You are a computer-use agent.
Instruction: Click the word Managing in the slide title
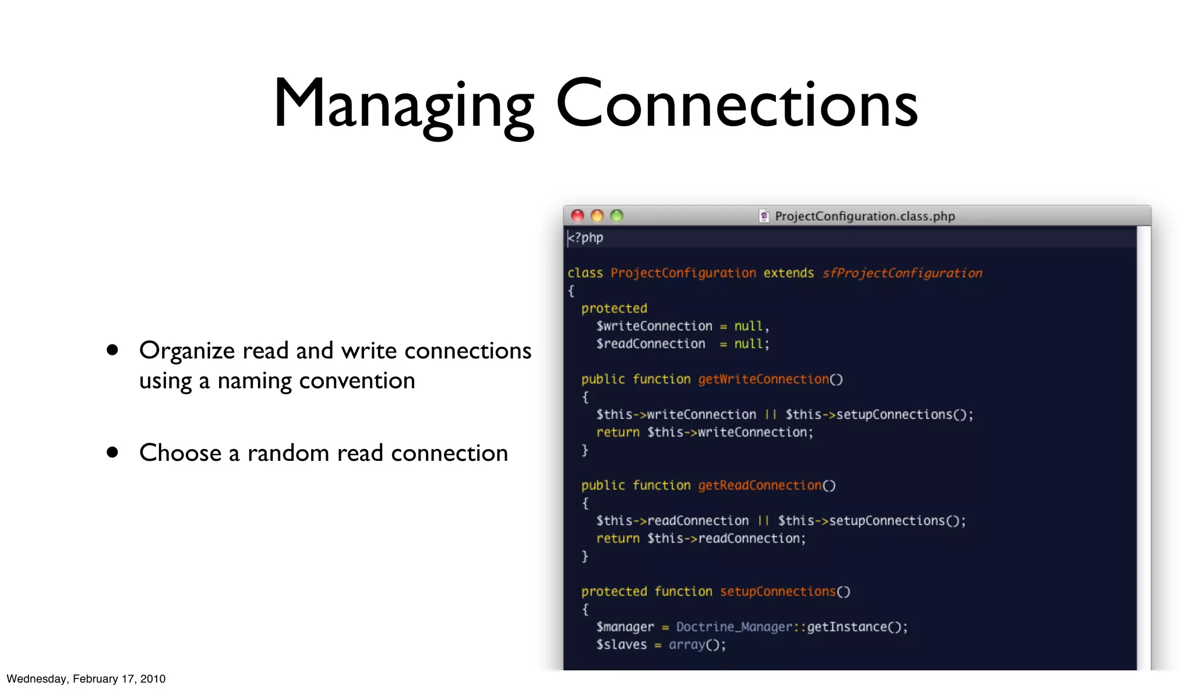[403, 105]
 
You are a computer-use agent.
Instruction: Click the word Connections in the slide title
[737, 105]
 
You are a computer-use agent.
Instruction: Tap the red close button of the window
[577, 216]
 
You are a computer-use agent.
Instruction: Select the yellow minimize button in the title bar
[597, 216]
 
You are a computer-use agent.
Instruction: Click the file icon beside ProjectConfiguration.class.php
[764, 216]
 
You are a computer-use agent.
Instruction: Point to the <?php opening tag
[586, 237]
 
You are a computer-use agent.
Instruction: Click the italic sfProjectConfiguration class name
[902, 273]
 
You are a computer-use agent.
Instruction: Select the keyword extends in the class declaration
[789, 273]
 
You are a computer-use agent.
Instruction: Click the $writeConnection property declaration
[654, 326]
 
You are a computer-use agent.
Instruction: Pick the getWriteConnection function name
[763, 379]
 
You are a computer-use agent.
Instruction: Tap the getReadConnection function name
[760, 485]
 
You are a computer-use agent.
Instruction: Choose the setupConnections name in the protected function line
[778, 591]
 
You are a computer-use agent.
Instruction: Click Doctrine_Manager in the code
[734, 627]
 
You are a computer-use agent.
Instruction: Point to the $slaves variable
[621, 645]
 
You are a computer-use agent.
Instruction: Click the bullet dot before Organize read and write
[112, 350]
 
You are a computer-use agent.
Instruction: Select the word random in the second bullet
[288, 453]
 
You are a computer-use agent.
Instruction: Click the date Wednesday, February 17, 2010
[86, 679]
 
